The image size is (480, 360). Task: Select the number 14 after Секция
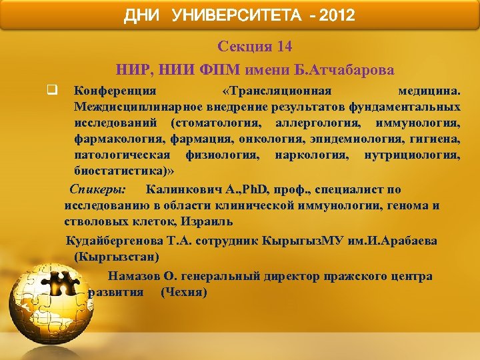click(283, 47)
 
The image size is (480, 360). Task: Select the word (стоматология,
click(215, 123)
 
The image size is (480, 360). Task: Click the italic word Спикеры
click(101, 189)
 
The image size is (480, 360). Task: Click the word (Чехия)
click(184, 292)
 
